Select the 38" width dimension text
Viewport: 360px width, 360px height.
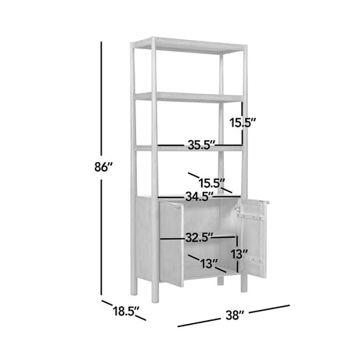pyautogui.click(x=234, y=315)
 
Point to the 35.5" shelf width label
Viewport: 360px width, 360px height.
pyautogui.click(x=201, y=146)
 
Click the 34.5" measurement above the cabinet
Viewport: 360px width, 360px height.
pyautogui.click(x=200, y=196)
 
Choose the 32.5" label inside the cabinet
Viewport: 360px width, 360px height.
pyautogui.click(x=200, y=237)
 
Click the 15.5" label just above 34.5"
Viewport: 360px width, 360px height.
pyautogui.click(x=212, y=183)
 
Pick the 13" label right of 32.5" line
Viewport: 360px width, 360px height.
pyautogui.click(x=239, y=254)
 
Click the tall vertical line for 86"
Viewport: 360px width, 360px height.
pyautogui.click(x=101, y=168)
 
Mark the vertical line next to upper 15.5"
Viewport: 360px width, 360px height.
pyautogui.click(x=243, y=123)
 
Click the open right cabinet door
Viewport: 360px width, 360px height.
pyautogui.click(x=254, y=239)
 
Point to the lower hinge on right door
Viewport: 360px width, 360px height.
pyautogui.click(x=257, y=261)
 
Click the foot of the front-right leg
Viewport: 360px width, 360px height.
pyautogui.click(x=243, y=289)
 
